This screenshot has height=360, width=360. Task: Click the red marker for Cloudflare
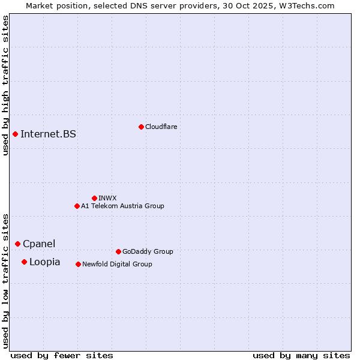click(x=141, y=127)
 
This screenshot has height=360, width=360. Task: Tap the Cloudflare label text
click(x=161, y=127)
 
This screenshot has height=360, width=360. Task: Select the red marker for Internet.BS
click(x=15, y=134)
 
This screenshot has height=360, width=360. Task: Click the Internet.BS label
click(x=48, y=134)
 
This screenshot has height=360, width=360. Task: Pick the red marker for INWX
click(x=94, y=198)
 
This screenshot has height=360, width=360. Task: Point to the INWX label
click(x=107, y=198)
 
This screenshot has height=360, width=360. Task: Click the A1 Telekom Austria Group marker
click(x=77, y=206)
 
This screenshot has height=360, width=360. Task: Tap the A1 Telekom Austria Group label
click(x=122, y=206)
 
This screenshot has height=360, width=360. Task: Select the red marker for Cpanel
click(x=17, y=244)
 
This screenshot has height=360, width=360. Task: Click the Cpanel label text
click(x=39, y=244)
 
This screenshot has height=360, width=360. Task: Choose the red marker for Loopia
click(x=24, y=262)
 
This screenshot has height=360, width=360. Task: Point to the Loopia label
click(x=44, y=262)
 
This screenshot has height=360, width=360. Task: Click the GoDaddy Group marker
click(x=118, y=251)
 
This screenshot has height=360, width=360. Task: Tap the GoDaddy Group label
click(x=147, y=251)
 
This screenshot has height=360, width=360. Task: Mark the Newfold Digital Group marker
click(x=78, y=264)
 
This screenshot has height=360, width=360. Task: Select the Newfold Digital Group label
click(x=117, y=264)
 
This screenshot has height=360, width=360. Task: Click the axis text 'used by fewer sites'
click(x=62, y=355)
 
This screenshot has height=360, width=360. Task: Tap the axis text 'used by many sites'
click(x=301, y=355)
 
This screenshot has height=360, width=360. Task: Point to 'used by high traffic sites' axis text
click(x=5, y=85)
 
